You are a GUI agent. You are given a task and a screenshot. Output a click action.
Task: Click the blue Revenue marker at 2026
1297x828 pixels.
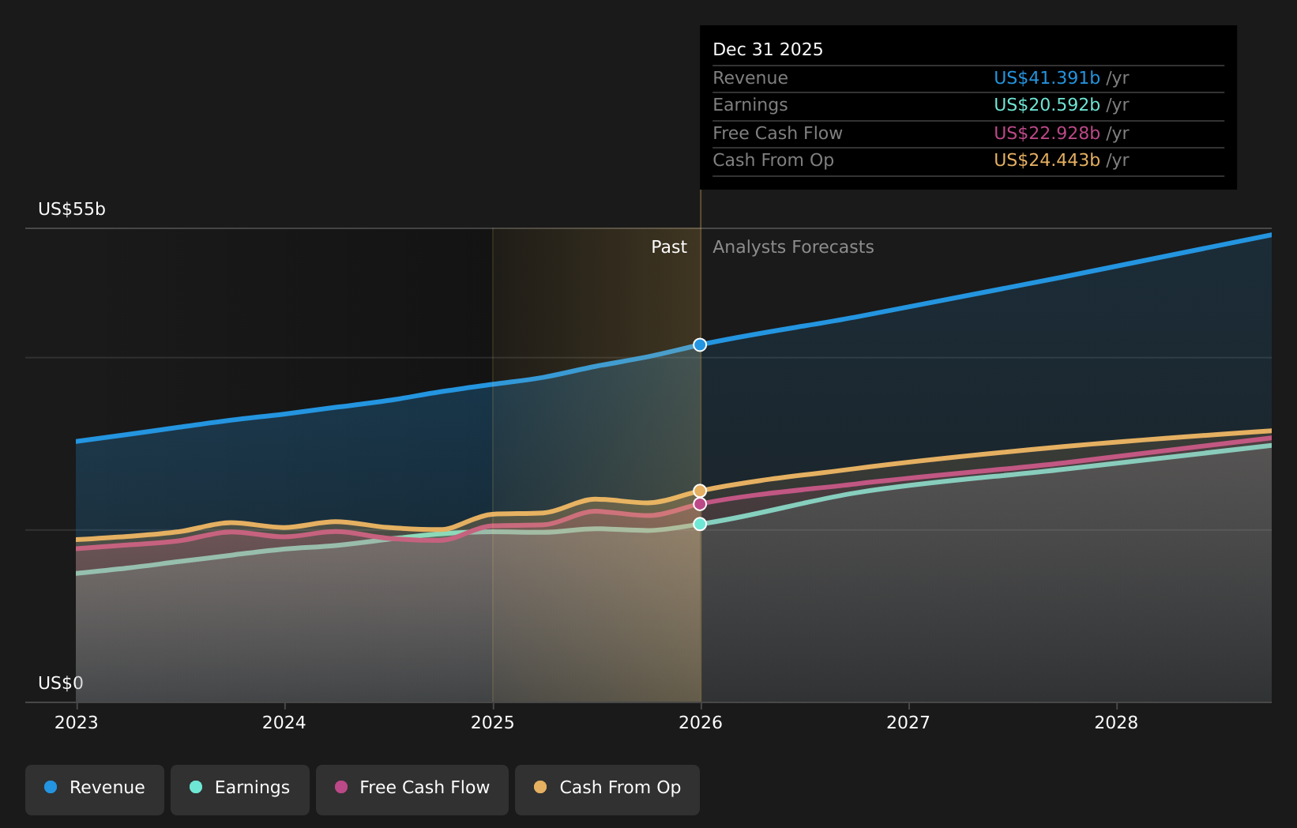700,344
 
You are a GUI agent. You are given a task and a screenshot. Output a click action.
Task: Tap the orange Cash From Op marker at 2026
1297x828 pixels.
700,491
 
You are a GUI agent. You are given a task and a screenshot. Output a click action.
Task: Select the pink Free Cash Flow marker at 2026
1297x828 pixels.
700,504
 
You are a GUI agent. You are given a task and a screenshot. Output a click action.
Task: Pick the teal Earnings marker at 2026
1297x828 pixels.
700,524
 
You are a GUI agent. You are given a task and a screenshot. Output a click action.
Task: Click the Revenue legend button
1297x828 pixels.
95,788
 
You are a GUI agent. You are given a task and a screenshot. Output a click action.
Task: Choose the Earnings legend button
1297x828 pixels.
240,788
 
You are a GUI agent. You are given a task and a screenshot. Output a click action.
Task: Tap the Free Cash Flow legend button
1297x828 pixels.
412,788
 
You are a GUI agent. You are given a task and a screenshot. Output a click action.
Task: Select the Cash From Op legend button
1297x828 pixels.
607,788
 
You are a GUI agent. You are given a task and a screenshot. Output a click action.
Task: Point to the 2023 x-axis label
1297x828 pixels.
76,723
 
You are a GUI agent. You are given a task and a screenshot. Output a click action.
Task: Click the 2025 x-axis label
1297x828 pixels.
492,723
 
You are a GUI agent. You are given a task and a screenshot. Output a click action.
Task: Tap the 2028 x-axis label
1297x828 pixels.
1116,723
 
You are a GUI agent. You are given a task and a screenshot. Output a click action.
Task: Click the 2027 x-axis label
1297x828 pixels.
908,723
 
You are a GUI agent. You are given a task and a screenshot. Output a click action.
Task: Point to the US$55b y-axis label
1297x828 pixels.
72,209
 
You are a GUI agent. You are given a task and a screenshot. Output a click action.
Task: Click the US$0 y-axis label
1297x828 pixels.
61,683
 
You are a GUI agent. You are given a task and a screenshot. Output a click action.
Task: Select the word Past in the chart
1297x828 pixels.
669,247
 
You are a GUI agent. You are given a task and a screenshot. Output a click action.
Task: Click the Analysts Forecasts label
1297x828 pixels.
793,247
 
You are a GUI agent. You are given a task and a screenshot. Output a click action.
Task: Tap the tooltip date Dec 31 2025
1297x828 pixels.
768,50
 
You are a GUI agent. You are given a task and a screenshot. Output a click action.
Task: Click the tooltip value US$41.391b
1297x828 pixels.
1047,78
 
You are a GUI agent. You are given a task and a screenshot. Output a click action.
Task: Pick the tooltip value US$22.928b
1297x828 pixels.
1047,134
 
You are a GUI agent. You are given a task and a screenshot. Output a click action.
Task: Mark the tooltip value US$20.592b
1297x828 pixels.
1047,105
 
